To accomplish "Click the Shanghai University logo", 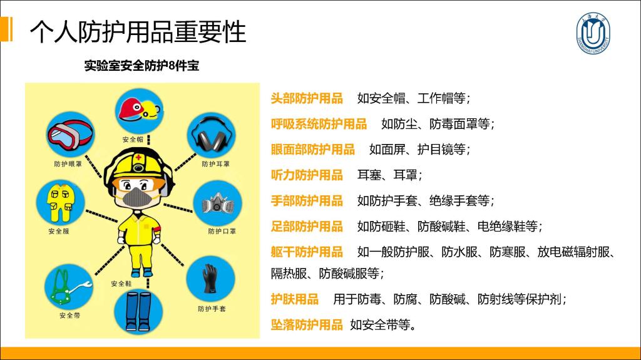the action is [593, 33].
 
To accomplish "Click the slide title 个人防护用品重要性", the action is [138, 31].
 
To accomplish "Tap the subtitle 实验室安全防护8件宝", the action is [141, 66].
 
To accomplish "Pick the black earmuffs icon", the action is [211, 135].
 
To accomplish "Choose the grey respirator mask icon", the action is [217, 203].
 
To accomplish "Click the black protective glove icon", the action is [210, 279].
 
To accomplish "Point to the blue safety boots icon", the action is [138, 312].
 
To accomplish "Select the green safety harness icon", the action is [69, 287].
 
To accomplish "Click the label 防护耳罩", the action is [215, 164].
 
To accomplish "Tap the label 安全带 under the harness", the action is [69, 316].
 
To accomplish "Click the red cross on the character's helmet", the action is [138, 158].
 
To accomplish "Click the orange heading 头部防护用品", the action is [307, 98].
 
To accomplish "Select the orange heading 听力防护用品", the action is [307, 175].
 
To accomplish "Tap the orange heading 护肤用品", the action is [294, 299].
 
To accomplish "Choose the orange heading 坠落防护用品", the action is [307, 325].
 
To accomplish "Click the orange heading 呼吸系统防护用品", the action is [319, 123].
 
